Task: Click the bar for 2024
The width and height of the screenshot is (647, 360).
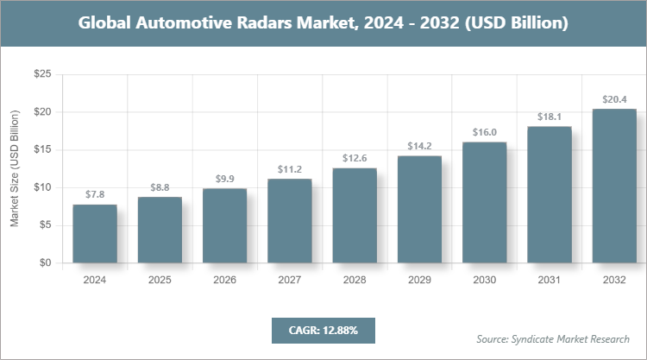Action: [95, 233]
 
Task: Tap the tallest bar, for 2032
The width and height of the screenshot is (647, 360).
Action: [614, 186]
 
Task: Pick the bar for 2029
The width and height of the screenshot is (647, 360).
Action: [419, 209]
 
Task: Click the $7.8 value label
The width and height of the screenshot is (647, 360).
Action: [95, 195]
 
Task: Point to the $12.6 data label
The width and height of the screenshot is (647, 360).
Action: [355, 158]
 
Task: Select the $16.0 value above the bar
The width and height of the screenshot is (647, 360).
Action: [485, 132]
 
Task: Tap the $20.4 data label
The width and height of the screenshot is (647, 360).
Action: [614, 99]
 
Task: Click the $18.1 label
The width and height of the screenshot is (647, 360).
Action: [550, 117]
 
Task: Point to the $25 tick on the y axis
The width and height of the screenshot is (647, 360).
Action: [42, 75]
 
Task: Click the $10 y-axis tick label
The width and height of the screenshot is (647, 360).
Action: [42, 187]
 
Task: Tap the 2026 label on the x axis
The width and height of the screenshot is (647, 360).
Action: [225, 281]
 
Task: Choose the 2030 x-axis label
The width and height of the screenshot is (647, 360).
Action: [485, 281]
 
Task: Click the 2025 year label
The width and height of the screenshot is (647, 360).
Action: [160, 281]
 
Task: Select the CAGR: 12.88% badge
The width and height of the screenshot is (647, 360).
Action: [323, 330]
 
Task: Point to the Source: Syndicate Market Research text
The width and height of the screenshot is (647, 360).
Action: [553, 338]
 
